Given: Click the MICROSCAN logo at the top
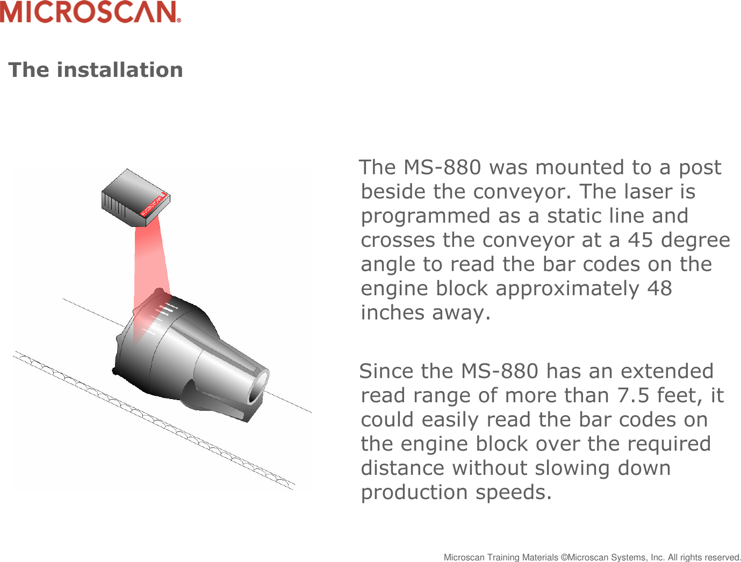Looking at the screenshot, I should click(90, 12).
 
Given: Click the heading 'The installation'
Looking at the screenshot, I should click(96, 70).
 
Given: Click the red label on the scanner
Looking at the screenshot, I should click(154, 204).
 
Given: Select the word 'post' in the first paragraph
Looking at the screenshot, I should click(700, 167).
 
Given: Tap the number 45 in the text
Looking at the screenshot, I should click(641, 240).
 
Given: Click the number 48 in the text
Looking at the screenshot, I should click(659, 288).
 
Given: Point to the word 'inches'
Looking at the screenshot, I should click(393, 312).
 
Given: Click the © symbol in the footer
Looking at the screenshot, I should click(564, 558).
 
